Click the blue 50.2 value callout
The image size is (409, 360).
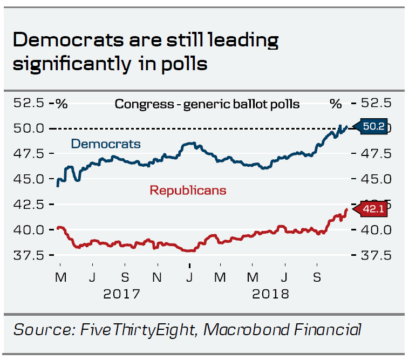tap(373, 127)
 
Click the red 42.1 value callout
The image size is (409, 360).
tap(373, 209)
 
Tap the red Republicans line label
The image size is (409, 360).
tap(188, 190)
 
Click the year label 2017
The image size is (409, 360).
tap(122, 295)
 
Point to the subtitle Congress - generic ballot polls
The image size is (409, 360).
tap(207, 104)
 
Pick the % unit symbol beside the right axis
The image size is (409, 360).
tap(336, 103)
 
